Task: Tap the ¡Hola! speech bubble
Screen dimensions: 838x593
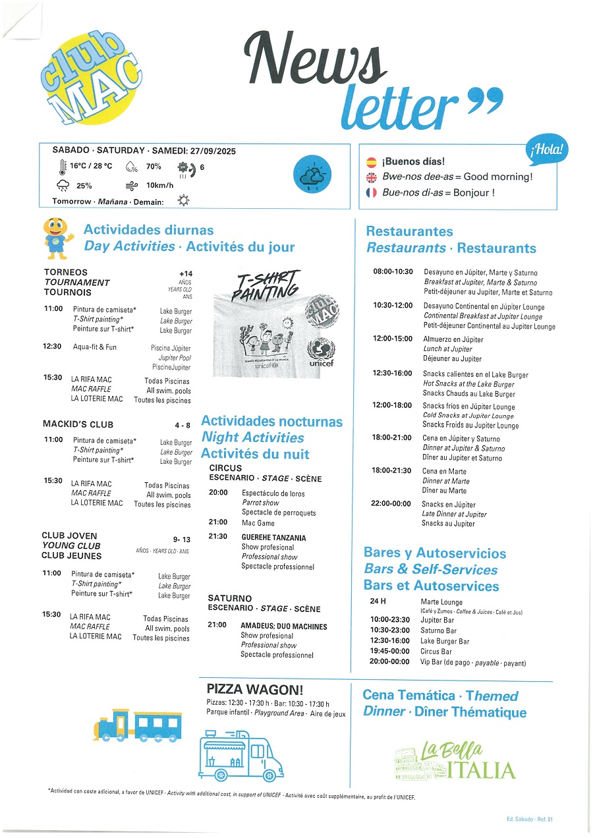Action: coord(547,151)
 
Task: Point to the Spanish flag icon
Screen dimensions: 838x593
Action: coord(371,161)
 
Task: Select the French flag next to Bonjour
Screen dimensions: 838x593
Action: coord(371,193)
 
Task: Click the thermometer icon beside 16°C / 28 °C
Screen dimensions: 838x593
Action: coord(63,167)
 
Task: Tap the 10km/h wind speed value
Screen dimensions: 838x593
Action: coord(159,185)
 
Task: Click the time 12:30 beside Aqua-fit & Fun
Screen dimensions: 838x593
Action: coord(53,347)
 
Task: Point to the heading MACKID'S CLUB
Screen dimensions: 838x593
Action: coord(78,424)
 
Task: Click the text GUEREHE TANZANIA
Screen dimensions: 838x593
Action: coord(273,538)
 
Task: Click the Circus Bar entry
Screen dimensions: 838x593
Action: coord(436,652)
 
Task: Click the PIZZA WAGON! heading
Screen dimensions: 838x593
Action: coord(255,689)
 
